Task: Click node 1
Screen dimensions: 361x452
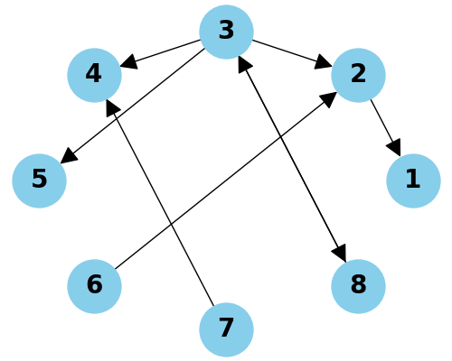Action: [413, 180]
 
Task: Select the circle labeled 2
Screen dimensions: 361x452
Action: [359, 74]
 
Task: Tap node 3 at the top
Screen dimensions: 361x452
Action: [226, 31]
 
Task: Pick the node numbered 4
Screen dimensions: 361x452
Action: [94, 74]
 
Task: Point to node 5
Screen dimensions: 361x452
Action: [39, 180]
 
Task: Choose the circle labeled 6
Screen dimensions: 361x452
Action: [94, 285]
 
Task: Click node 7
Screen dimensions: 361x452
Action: [226, 329]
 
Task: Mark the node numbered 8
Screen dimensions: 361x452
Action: [359, 285]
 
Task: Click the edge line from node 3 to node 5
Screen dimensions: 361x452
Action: [136, 103]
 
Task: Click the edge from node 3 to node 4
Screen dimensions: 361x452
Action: [163, 52]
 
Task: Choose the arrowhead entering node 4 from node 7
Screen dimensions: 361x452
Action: [112, 106]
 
